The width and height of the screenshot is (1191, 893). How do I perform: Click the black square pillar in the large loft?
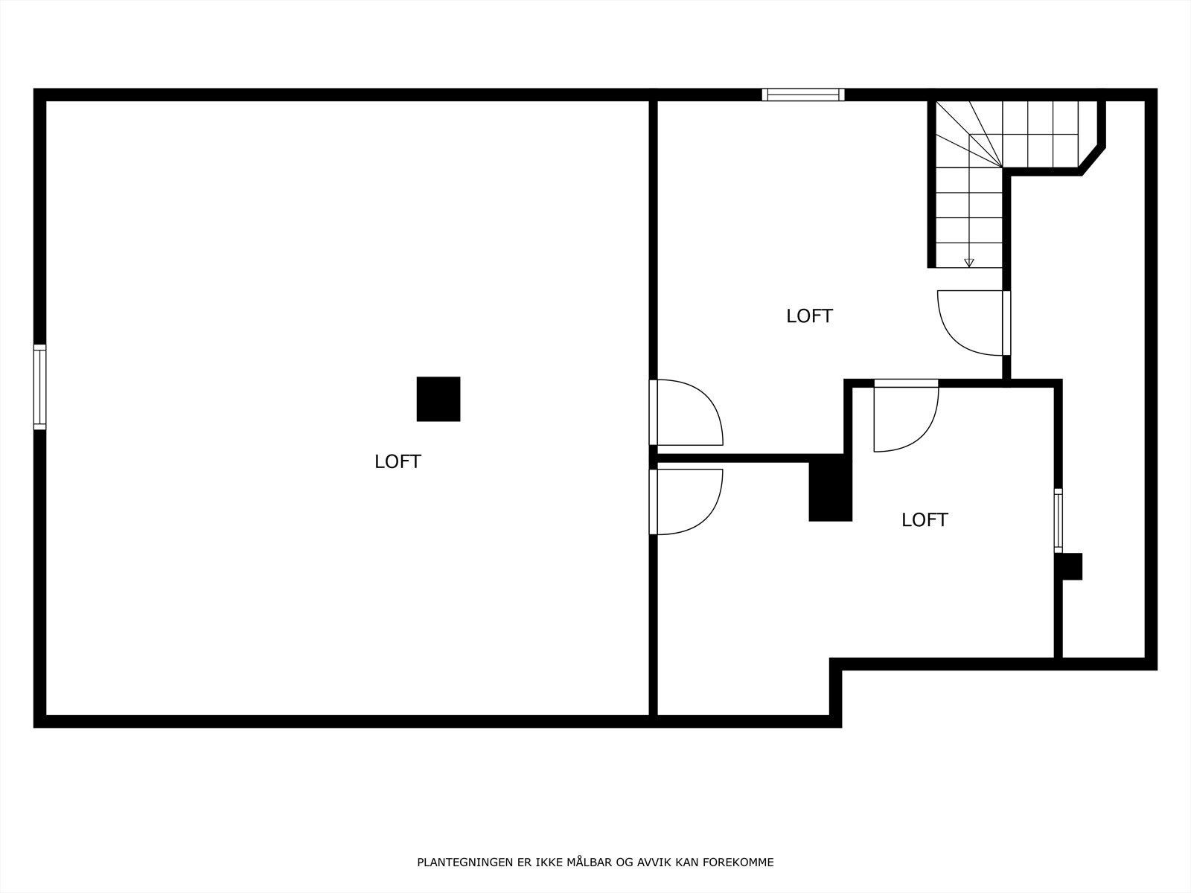click(438, 399)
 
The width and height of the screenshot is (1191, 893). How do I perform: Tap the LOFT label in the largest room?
click(397, 461)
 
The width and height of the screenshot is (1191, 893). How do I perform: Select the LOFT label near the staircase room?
click(809, 316)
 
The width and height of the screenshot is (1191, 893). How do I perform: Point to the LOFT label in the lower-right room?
click(925, 520)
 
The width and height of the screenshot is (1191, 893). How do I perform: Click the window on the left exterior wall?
click(39, 387)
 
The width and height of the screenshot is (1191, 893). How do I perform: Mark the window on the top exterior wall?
click(803, 95)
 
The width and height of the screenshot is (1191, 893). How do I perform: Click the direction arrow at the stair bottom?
click(968, 262)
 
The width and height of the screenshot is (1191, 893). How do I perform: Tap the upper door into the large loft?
click(685, 412)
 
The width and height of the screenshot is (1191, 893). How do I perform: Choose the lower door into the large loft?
click(685, 502)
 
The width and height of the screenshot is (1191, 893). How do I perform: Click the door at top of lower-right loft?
click(905, 417)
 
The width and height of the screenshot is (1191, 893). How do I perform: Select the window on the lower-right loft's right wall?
click(1058, 519)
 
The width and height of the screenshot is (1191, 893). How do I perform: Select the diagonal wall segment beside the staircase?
click(1092, 159)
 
